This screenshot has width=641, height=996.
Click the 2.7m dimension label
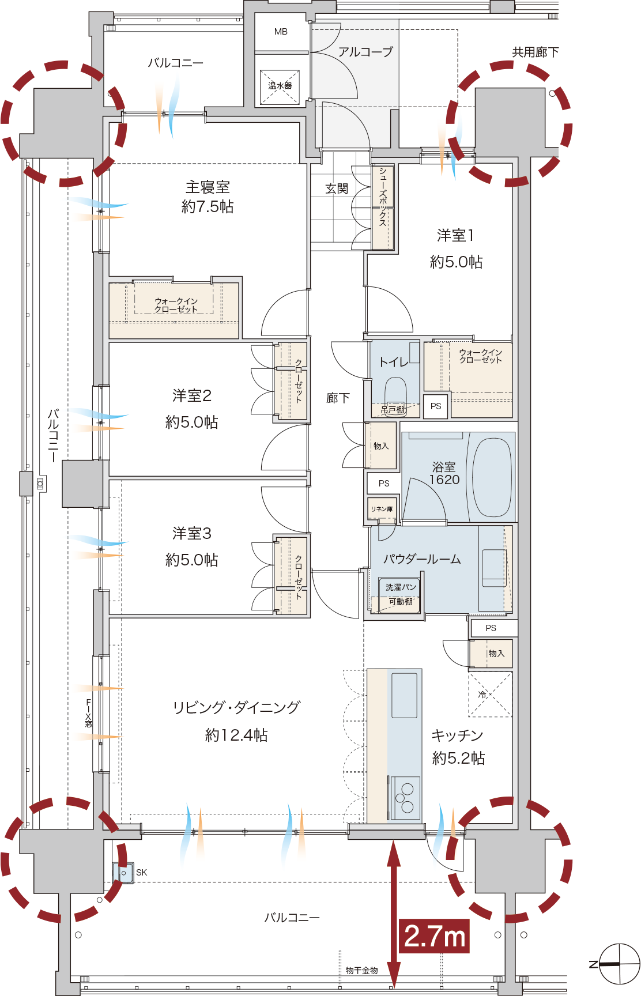point(435,935)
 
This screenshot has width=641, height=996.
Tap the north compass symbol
point(619,964)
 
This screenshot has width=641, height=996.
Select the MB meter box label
point(281,32)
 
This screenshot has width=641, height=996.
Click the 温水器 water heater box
point(280,86)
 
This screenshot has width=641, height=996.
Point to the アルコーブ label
point(365,52)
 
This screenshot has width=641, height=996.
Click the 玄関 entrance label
point(337,188)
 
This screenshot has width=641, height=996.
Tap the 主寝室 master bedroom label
point(208,187)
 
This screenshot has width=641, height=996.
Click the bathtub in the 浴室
point(492,477)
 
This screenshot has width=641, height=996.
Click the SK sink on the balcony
point(123,873)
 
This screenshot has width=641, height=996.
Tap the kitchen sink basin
point(404,695)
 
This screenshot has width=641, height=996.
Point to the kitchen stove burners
point(405,798)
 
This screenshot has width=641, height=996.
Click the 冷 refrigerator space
point(490,694)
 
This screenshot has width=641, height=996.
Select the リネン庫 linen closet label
point(382,509)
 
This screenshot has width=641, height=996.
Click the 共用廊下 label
point(536,52)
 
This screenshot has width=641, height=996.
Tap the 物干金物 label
point(362,970)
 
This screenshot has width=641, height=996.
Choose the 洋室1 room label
point(455,235)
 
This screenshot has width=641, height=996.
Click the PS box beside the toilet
point(436,406)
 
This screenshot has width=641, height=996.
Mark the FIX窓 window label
point(89,713)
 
